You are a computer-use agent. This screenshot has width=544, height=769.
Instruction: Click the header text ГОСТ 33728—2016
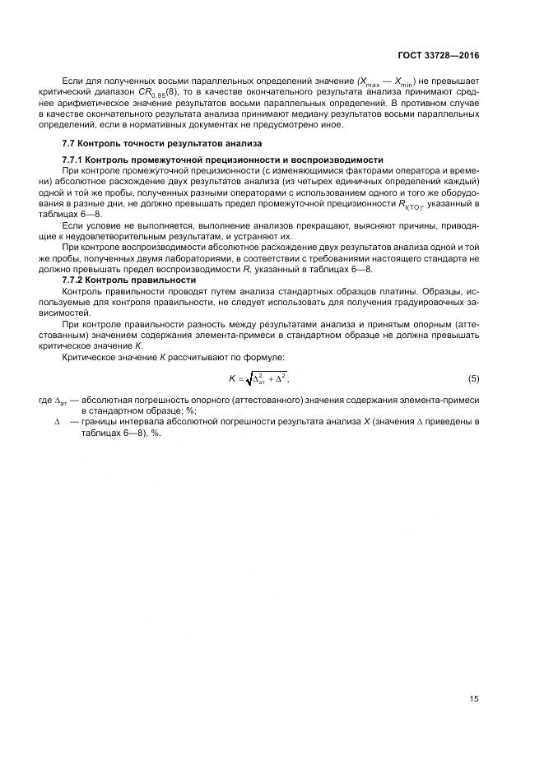tap(444, 54)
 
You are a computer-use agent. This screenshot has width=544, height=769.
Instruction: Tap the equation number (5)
tap(473, 378)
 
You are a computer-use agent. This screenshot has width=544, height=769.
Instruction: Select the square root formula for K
tap(258, 378)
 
